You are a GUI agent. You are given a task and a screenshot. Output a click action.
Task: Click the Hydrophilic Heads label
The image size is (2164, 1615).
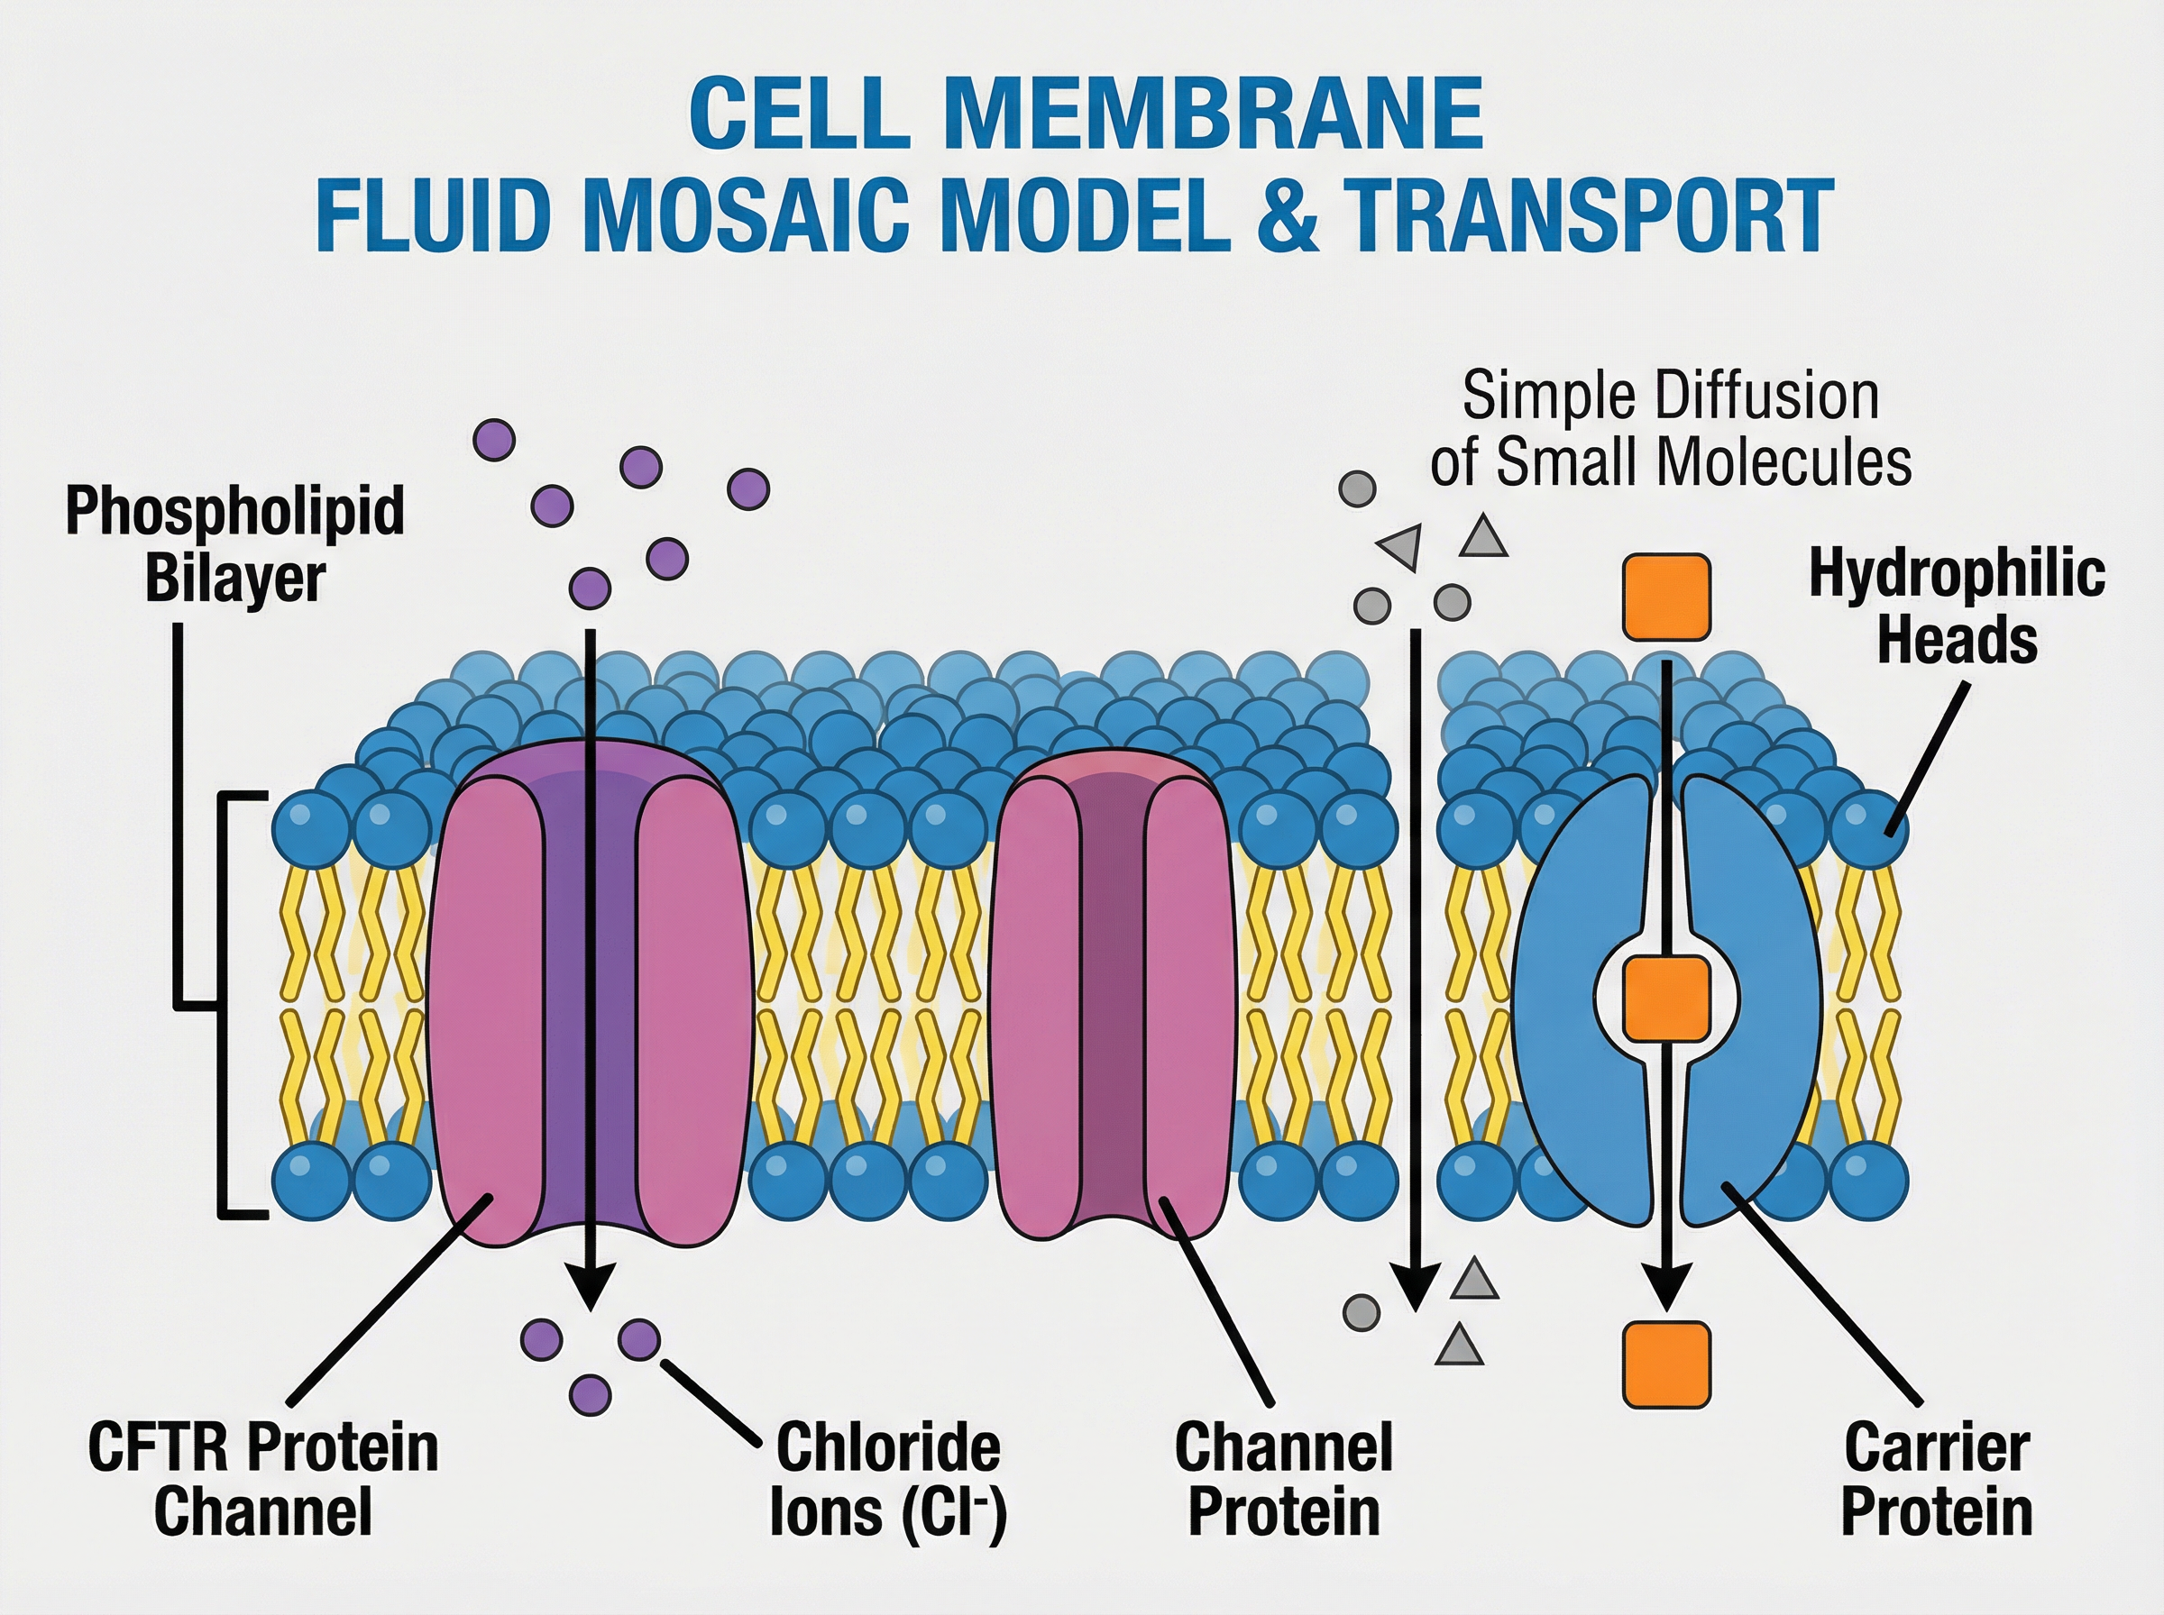pos(1956,607)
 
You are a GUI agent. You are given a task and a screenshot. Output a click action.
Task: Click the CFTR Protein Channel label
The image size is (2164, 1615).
pos(262,1479)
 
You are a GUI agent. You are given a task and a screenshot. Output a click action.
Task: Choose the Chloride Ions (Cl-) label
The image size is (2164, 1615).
pos(888,1479)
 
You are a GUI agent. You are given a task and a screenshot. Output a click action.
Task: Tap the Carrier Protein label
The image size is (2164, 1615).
pos(1936,1479)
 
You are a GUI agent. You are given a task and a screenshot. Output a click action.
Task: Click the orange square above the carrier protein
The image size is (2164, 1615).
pos(1666,598)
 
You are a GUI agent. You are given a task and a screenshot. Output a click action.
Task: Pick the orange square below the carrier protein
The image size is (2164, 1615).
pos(1666,1364)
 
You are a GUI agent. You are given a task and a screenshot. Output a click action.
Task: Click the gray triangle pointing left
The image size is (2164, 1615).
pos(1400,546)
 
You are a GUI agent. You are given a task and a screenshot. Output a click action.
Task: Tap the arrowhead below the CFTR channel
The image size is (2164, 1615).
pos(591,1284)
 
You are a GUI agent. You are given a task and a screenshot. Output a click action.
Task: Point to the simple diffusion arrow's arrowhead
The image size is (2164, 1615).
pos(1415,1284)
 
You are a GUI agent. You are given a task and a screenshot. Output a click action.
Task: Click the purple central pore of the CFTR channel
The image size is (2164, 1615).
pos(591,978)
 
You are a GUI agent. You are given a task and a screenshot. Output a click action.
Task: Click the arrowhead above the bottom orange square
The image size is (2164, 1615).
pos(1666,1284)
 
